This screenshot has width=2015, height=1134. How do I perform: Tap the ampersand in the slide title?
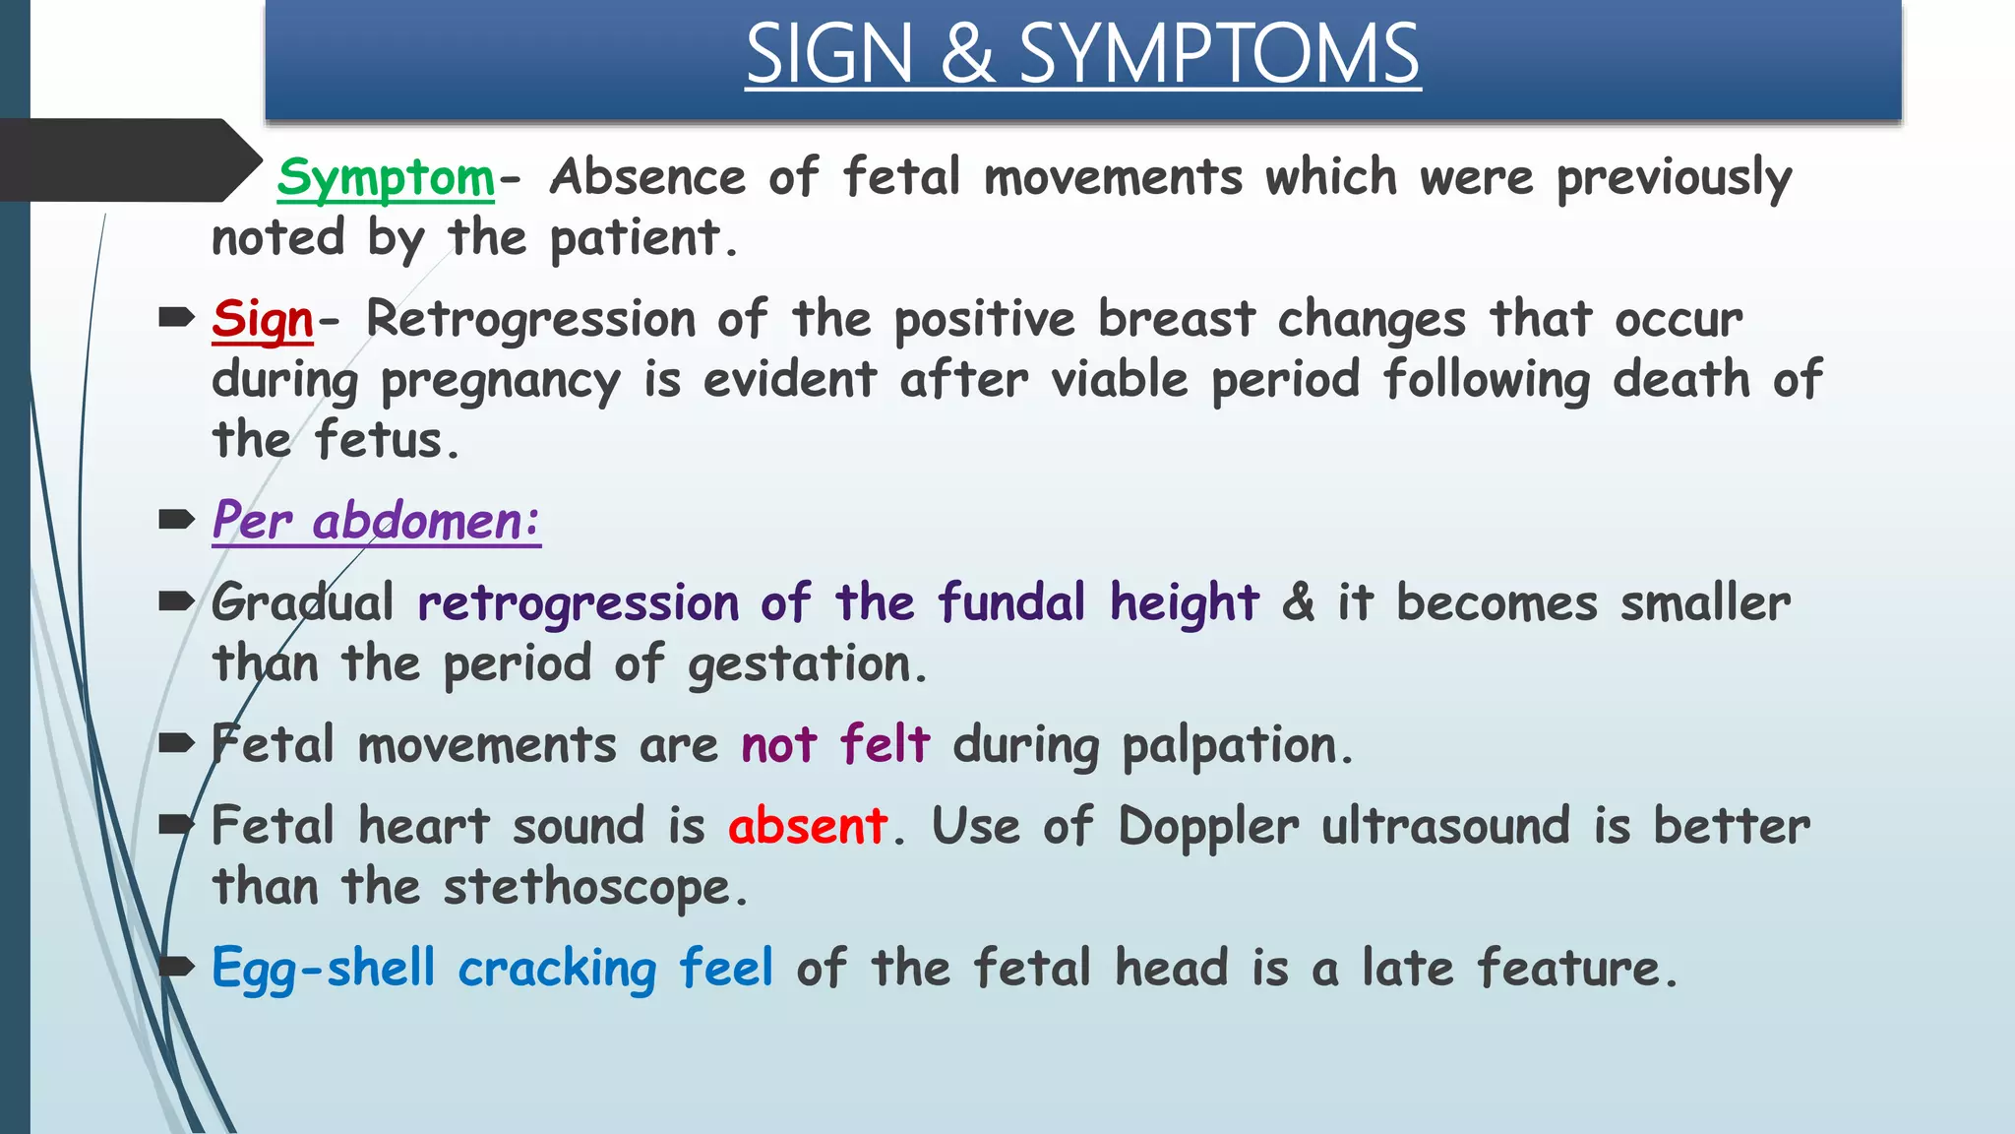tap(966, 54)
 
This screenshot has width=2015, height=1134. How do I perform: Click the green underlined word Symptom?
tap(385, 178)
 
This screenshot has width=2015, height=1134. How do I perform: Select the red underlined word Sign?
tap(262, 320)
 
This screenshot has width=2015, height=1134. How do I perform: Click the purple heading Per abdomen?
tap(376, 521)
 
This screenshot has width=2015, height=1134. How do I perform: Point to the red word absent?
tap(808, 825)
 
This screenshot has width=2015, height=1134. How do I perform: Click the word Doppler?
tap(1208, 827)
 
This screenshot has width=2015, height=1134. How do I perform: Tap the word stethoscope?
tap(586, 888)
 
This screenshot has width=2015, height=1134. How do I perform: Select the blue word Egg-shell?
tap(323, 969)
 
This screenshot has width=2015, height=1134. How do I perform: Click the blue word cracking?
tap(557, 969)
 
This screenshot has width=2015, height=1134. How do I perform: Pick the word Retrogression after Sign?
tap(530, 320)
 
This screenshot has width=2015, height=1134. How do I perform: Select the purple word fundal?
tap(1012, 602)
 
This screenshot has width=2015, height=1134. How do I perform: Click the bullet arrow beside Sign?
tap(176, 317)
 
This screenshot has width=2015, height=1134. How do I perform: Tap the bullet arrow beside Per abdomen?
tap(176, 519)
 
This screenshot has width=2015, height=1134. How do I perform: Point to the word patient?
tap(635, 239)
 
